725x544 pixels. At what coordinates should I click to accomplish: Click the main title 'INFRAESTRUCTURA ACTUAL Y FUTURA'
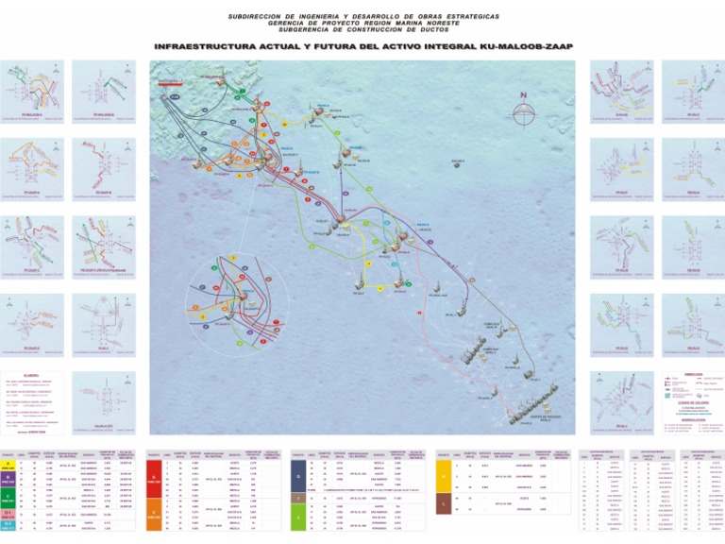[362, 46]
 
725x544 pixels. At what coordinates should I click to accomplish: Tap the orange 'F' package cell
[156, 518]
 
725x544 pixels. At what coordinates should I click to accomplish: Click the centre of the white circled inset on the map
[244, 298]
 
